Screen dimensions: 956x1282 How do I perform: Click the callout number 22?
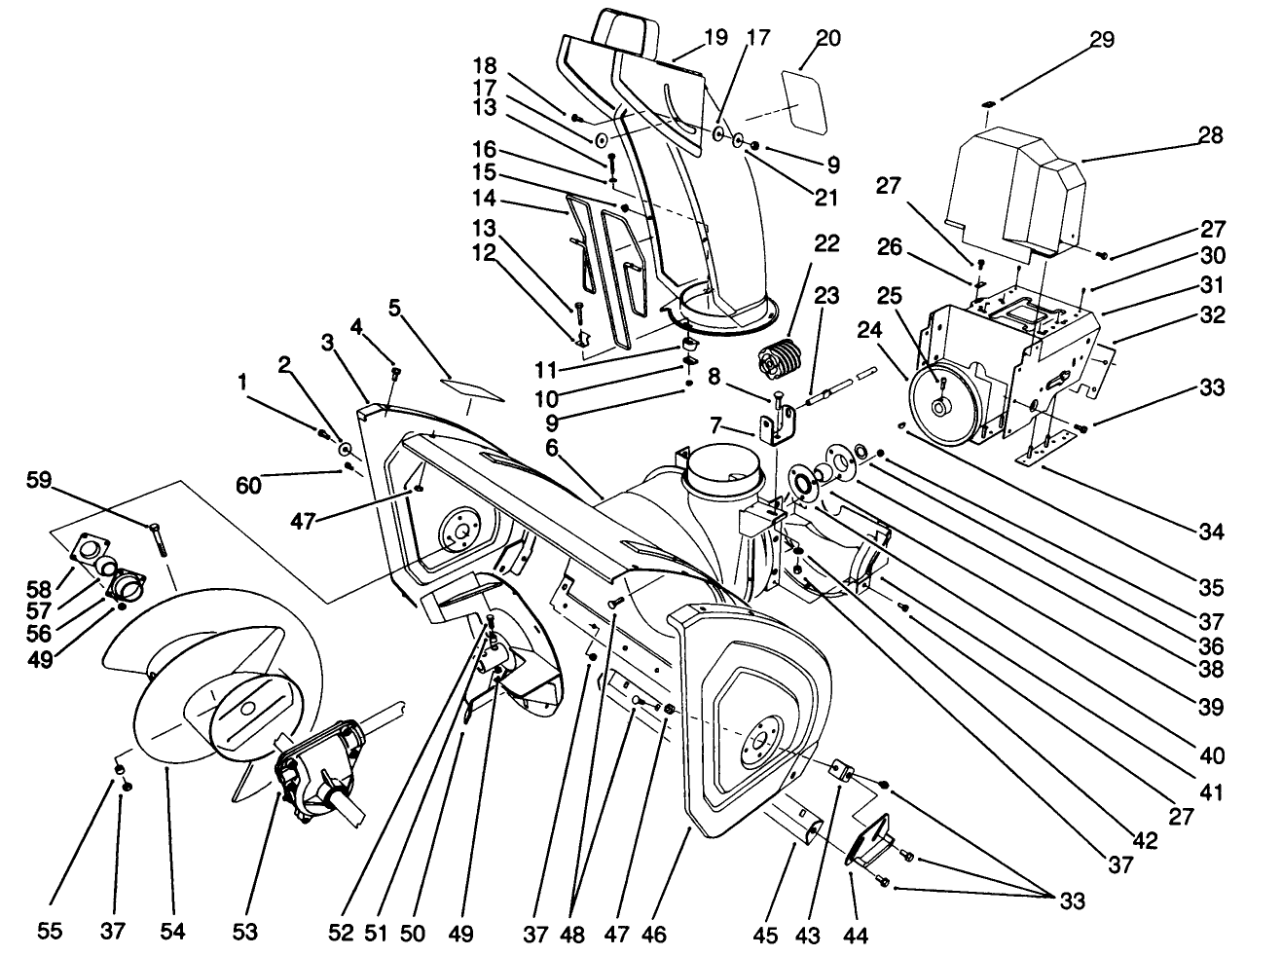pyautogui.click(x=826, y=244)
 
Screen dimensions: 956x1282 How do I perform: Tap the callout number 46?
pyautogui.click(x=654, y=933)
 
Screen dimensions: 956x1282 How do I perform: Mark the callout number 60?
pyautogui.click(x=249, y=484)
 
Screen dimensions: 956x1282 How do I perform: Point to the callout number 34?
pyautogui.click(x=1212, y=532)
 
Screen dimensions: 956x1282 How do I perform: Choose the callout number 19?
pyautogui.click(x=715, y=38)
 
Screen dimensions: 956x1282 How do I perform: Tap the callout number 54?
pyautogui.click(x=172, y=933)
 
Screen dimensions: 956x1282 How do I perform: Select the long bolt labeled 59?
pyautogui.click(x=158, y=538)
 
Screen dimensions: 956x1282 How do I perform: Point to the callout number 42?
pyautogui.click(x=1147, y=840)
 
